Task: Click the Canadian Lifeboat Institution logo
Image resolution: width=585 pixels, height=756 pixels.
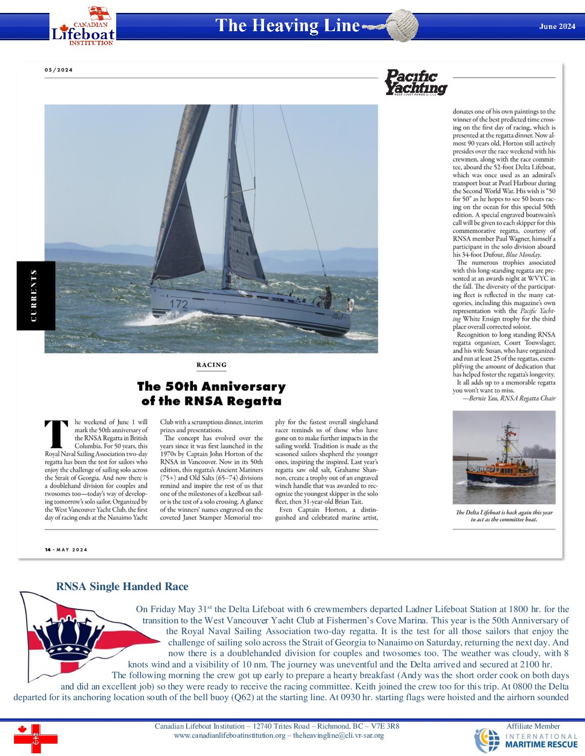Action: pyautogui.click(x=83, y=27)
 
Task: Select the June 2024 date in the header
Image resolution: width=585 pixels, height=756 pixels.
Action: pyautogui.click(x=557, y=26)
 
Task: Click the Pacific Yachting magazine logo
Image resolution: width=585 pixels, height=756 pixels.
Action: pyautogui.click(x=416, y=83)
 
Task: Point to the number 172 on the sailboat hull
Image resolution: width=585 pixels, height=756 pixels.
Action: pyautogui.click(x=179, y=304)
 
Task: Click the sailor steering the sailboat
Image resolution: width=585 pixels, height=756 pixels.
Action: pyautogui.click(x=326, y=297)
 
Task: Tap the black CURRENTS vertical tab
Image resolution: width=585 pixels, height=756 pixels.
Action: pyautogui.click(x=35, y=295)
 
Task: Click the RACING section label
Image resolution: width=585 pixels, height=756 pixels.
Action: pyautogui.click(x=211, y=365)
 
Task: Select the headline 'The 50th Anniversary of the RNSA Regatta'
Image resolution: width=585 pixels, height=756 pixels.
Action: pyautogui.click(x=211, y=394)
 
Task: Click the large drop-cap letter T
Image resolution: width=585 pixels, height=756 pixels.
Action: pyautogui.click(x=56, y=434)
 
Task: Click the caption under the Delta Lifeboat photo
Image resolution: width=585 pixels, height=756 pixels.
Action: pyautogui.click(x=504, y=516)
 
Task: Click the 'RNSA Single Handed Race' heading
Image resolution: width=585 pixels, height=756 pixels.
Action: pyautogui.click(x=122, y=586)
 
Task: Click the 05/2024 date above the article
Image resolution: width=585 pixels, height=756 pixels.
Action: pyautogui.click(x=59, y=70)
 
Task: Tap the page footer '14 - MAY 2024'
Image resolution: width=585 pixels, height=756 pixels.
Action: pyautogui.click(x=66, y=549)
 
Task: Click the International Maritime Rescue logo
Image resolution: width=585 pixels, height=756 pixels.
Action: pyautogui.click(x=526, y=740)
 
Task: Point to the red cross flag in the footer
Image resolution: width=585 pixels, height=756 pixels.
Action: pyautogui.click(x=35, y=739)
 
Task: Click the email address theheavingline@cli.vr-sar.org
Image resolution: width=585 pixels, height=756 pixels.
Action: pyautogui.click(x=338, y=736)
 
